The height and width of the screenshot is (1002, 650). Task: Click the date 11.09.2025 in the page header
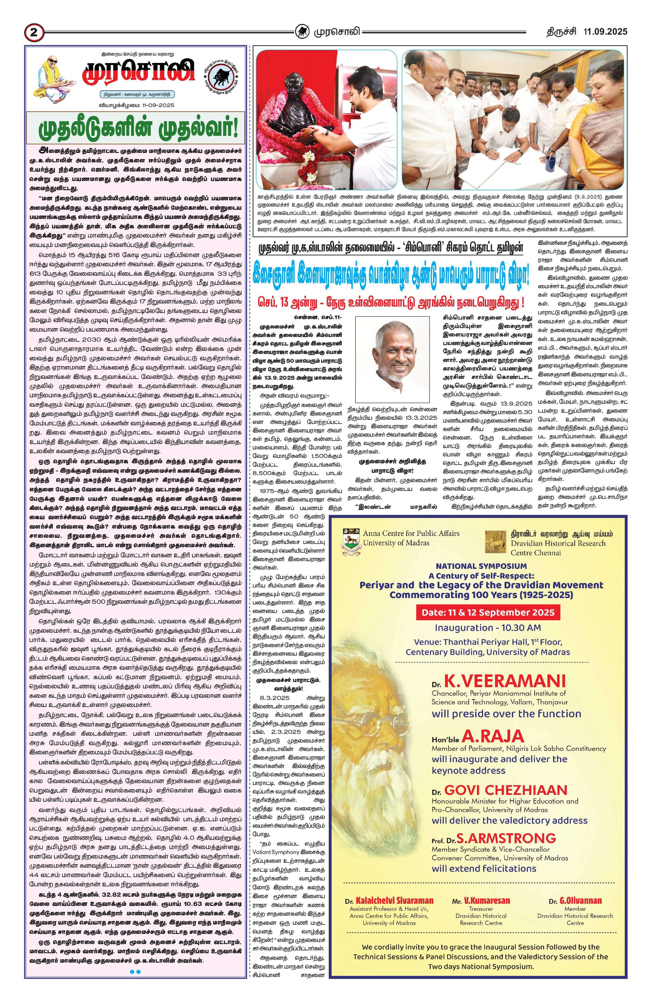click(x=605, y=31)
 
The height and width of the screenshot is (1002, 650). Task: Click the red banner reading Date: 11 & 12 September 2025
click(x=488, y=612)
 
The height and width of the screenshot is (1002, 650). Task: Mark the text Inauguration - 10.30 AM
click(x=487, y=628)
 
